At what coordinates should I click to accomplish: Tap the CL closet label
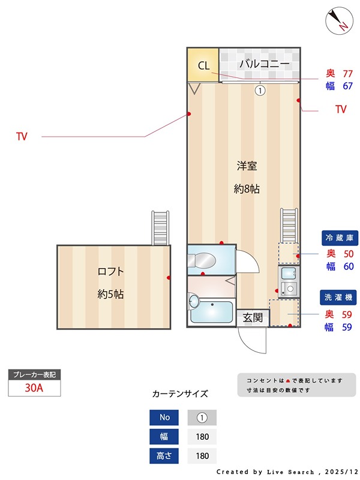click(203, 66)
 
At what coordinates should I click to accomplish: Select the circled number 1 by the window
click(260, 91)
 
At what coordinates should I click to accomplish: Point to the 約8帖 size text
click(246, 189)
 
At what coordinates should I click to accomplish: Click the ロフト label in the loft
click(110, 271)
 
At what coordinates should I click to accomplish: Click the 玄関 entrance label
click(253, 318)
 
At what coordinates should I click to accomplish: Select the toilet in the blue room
click(201, 260)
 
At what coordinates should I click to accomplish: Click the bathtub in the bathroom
click(211, 312)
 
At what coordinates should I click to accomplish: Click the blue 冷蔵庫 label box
click(340, 238)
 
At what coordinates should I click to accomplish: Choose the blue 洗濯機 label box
click(340, 297)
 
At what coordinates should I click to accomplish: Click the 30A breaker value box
click(34, 388)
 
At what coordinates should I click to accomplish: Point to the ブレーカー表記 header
click(34, 374)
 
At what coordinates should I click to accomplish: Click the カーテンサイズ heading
click(180, 394)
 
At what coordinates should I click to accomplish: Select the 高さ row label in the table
click(164, 456)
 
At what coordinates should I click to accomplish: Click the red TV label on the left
click(22, 137)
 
